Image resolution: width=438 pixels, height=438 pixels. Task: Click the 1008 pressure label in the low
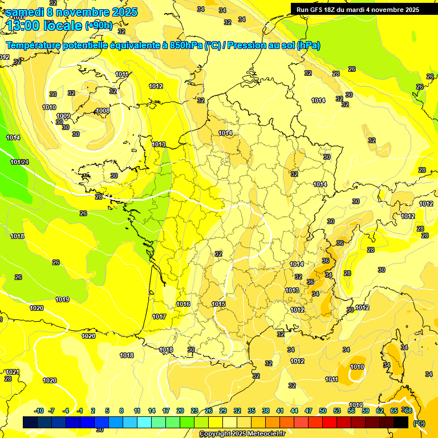click(x=103, y=111)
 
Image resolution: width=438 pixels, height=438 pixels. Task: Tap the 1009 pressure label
click(x=63, y=116)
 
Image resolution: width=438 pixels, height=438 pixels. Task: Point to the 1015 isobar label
click(x=218, y=304)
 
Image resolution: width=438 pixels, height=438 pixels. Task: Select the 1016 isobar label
click(x=183, y=304)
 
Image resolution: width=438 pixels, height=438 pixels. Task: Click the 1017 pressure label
click(x=159, y=317)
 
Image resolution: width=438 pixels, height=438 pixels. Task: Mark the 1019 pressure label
click(x=62, y=299)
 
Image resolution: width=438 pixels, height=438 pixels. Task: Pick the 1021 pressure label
click(x=12, y=372)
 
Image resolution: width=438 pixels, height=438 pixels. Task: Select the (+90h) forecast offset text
click(x=99, y=26)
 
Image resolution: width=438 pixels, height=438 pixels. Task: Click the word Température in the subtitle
click(x=34, y=46)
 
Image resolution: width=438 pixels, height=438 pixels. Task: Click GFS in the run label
click(x=319, y=10)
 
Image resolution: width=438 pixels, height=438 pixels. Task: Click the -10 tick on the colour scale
click(x=39, y=411)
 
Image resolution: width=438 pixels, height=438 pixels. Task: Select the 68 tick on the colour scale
click(x=407, y=411)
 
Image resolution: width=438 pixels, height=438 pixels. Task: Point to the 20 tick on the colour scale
click(x=180, y=411)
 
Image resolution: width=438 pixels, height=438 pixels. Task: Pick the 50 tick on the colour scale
click(x=323, y=411)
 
